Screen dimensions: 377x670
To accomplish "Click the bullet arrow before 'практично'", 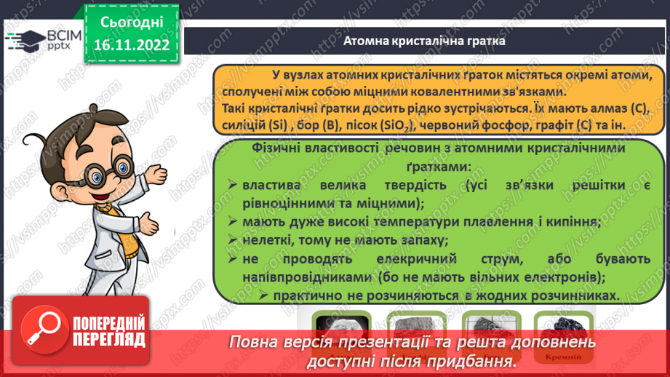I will (261, 295).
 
